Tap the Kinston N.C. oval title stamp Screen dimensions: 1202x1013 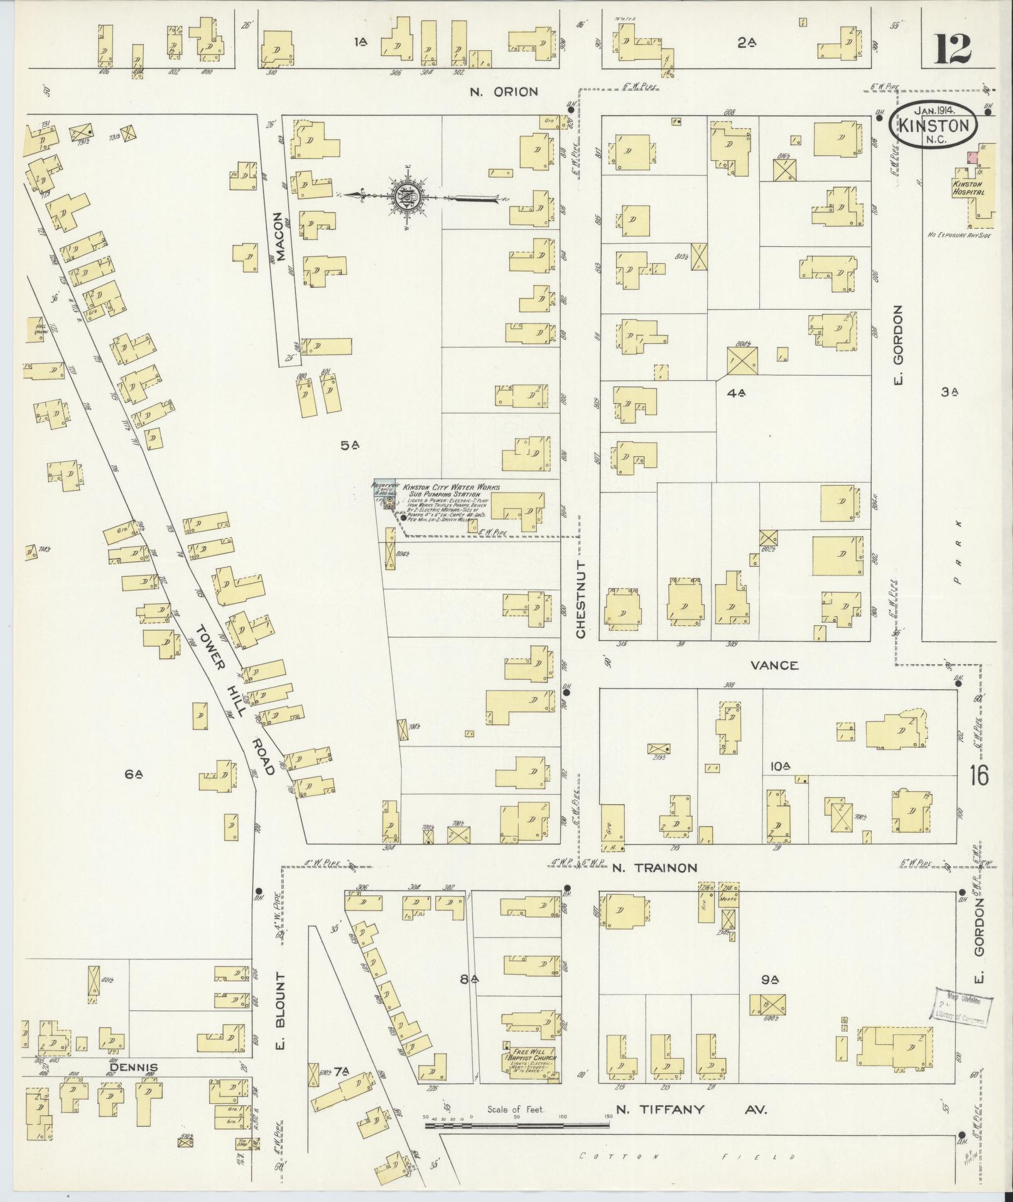(x=933, y=126)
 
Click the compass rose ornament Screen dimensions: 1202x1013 (x=408, y=197)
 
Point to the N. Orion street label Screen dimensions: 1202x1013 (x=504, y=92)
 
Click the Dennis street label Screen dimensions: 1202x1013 (x=133, y=1068)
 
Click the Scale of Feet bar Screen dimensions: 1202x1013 (x=517, y=1125)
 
